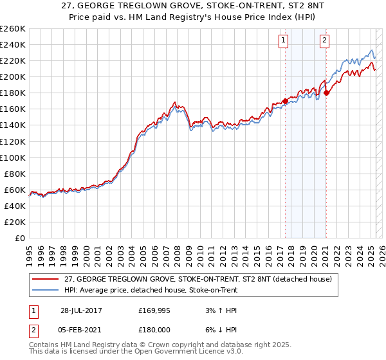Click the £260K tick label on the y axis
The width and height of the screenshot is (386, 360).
pos(13,29)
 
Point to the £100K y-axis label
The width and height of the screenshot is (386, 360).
pos(13,157)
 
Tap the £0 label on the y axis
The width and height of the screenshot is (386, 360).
pos(19,239)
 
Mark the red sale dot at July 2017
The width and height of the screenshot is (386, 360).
pos(285,101)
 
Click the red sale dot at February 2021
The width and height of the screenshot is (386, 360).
pos(326,93)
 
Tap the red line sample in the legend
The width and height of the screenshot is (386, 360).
pos(46,278)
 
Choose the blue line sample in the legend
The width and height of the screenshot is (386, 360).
pos(46,290)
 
